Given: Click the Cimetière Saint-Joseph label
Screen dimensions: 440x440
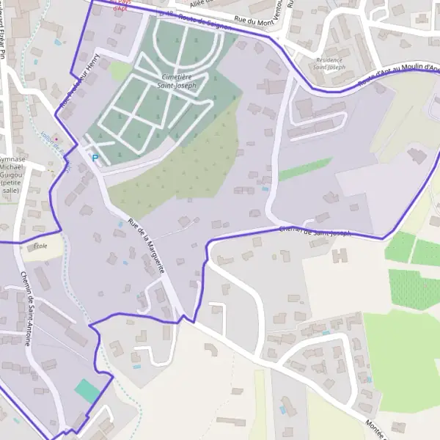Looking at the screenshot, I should [x=176, y=81].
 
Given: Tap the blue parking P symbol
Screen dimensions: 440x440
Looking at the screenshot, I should [x=94, y=158].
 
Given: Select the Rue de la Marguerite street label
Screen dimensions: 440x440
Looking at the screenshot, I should [x=145, y=246].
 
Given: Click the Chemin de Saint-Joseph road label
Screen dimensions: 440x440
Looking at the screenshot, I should [x=315, y=232].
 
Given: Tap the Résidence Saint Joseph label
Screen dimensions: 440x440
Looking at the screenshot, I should [x=329, y=64].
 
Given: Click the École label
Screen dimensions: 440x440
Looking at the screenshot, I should [x=40, y=246].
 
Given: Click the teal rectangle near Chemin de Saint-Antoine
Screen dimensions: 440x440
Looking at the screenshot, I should [x=87, y=390].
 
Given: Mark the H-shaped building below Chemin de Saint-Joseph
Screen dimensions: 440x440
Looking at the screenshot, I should [x=339, y=256].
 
